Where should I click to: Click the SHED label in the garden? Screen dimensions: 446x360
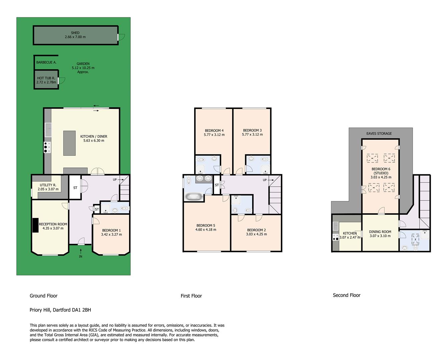[x=75, y=33]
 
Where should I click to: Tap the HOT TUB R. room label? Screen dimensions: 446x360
[x=46, y=78]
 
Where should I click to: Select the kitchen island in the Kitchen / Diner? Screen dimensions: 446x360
[x=69, y=143]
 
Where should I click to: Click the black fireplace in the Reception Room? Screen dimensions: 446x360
[x=35, y=225]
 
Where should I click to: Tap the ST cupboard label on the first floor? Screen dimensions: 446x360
[x=217, y=185]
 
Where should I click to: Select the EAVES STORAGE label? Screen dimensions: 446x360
[x=379, y=133]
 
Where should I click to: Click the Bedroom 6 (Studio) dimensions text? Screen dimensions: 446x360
[x=381, y=177]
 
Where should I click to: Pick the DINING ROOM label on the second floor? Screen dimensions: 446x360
[x=380, y=232]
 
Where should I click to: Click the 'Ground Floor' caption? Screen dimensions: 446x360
[x=44, y=296]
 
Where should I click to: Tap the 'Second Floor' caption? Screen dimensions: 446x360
[x=347, y=295]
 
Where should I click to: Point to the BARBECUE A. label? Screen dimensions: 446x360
[x=46, y=62]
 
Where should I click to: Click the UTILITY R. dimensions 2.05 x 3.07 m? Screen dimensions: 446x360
[x=48, y=189]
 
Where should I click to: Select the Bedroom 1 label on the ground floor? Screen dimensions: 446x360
[x=111, y=230]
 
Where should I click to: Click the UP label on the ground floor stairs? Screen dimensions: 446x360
[x=115, y=179]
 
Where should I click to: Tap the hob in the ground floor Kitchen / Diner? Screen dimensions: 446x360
[x=47, y=147]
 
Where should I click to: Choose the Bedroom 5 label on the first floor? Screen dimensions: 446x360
[x=205, y=225]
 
